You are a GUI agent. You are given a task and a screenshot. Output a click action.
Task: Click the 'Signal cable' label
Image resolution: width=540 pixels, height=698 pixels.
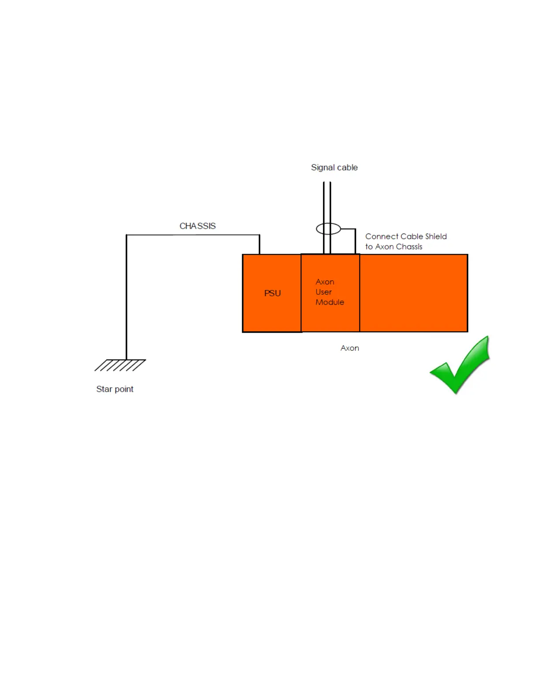tap(334, 167)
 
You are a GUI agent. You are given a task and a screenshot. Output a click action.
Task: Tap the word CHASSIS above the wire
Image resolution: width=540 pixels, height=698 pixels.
tap(197, 226)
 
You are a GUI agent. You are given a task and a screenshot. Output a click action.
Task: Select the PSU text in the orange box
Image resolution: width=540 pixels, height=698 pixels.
tap(272, 293)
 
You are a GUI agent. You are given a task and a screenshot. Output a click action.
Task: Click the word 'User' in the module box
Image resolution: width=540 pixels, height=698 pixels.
tap(323, 292)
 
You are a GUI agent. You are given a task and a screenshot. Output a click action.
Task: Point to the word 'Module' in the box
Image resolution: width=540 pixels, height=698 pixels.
tap(330, 302)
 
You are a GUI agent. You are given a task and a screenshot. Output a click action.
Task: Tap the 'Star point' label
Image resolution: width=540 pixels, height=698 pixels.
tap(115, 389)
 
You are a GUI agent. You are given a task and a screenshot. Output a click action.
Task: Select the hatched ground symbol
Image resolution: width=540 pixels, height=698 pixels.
tap(120, 365)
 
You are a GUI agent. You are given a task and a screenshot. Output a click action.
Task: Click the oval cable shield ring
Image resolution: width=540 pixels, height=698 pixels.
tap(328, 229)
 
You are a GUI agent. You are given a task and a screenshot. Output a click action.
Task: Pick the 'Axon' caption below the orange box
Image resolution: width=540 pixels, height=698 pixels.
tap(349, 348)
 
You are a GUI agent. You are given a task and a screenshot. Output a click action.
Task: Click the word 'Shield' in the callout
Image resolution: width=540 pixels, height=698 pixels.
tap(436, 237)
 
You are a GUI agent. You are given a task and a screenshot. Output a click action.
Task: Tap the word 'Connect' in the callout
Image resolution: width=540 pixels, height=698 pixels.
tap(382, 237)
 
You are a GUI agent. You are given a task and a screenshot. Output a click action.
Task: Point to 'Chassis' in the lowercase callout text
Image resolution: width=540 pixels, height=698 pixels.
tap(409, 247)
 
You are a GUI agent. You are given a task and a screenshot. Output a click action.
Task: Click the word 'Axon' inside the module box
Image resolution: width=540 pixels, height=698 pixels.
tap(325, 282)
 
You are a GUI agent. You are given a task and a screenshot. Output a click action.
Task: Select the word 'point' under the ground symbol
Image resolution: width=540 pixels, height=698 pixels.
tap(124, 389)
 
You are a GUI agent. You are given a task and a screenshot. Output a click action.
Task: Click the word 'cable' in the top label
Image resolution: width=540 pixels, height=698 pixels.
tap(347, 167)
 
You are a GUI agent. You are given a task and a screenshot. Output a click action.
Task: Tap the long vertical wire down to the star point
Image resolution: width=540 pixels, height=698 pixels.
tap(127, 300)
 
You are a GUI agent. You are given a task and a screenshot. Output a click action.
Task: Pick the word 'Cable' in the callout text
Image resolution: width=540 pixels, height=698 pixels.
tap(412, 237)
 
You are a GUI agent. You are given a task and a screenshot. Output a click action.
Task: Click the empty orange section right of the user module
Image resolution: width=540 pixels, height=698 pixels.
tap(413, 293)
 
